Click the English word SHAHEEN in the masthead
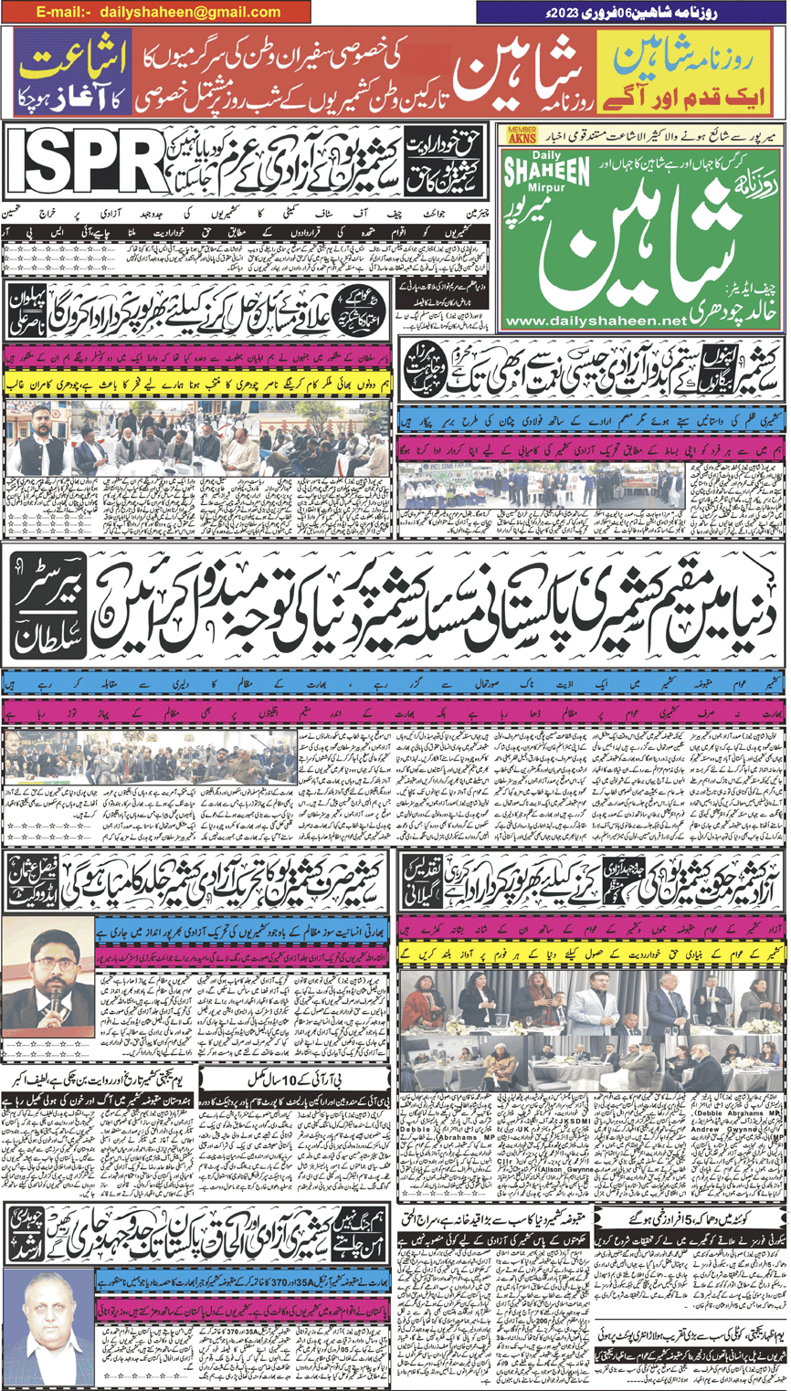click(547, 172)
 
